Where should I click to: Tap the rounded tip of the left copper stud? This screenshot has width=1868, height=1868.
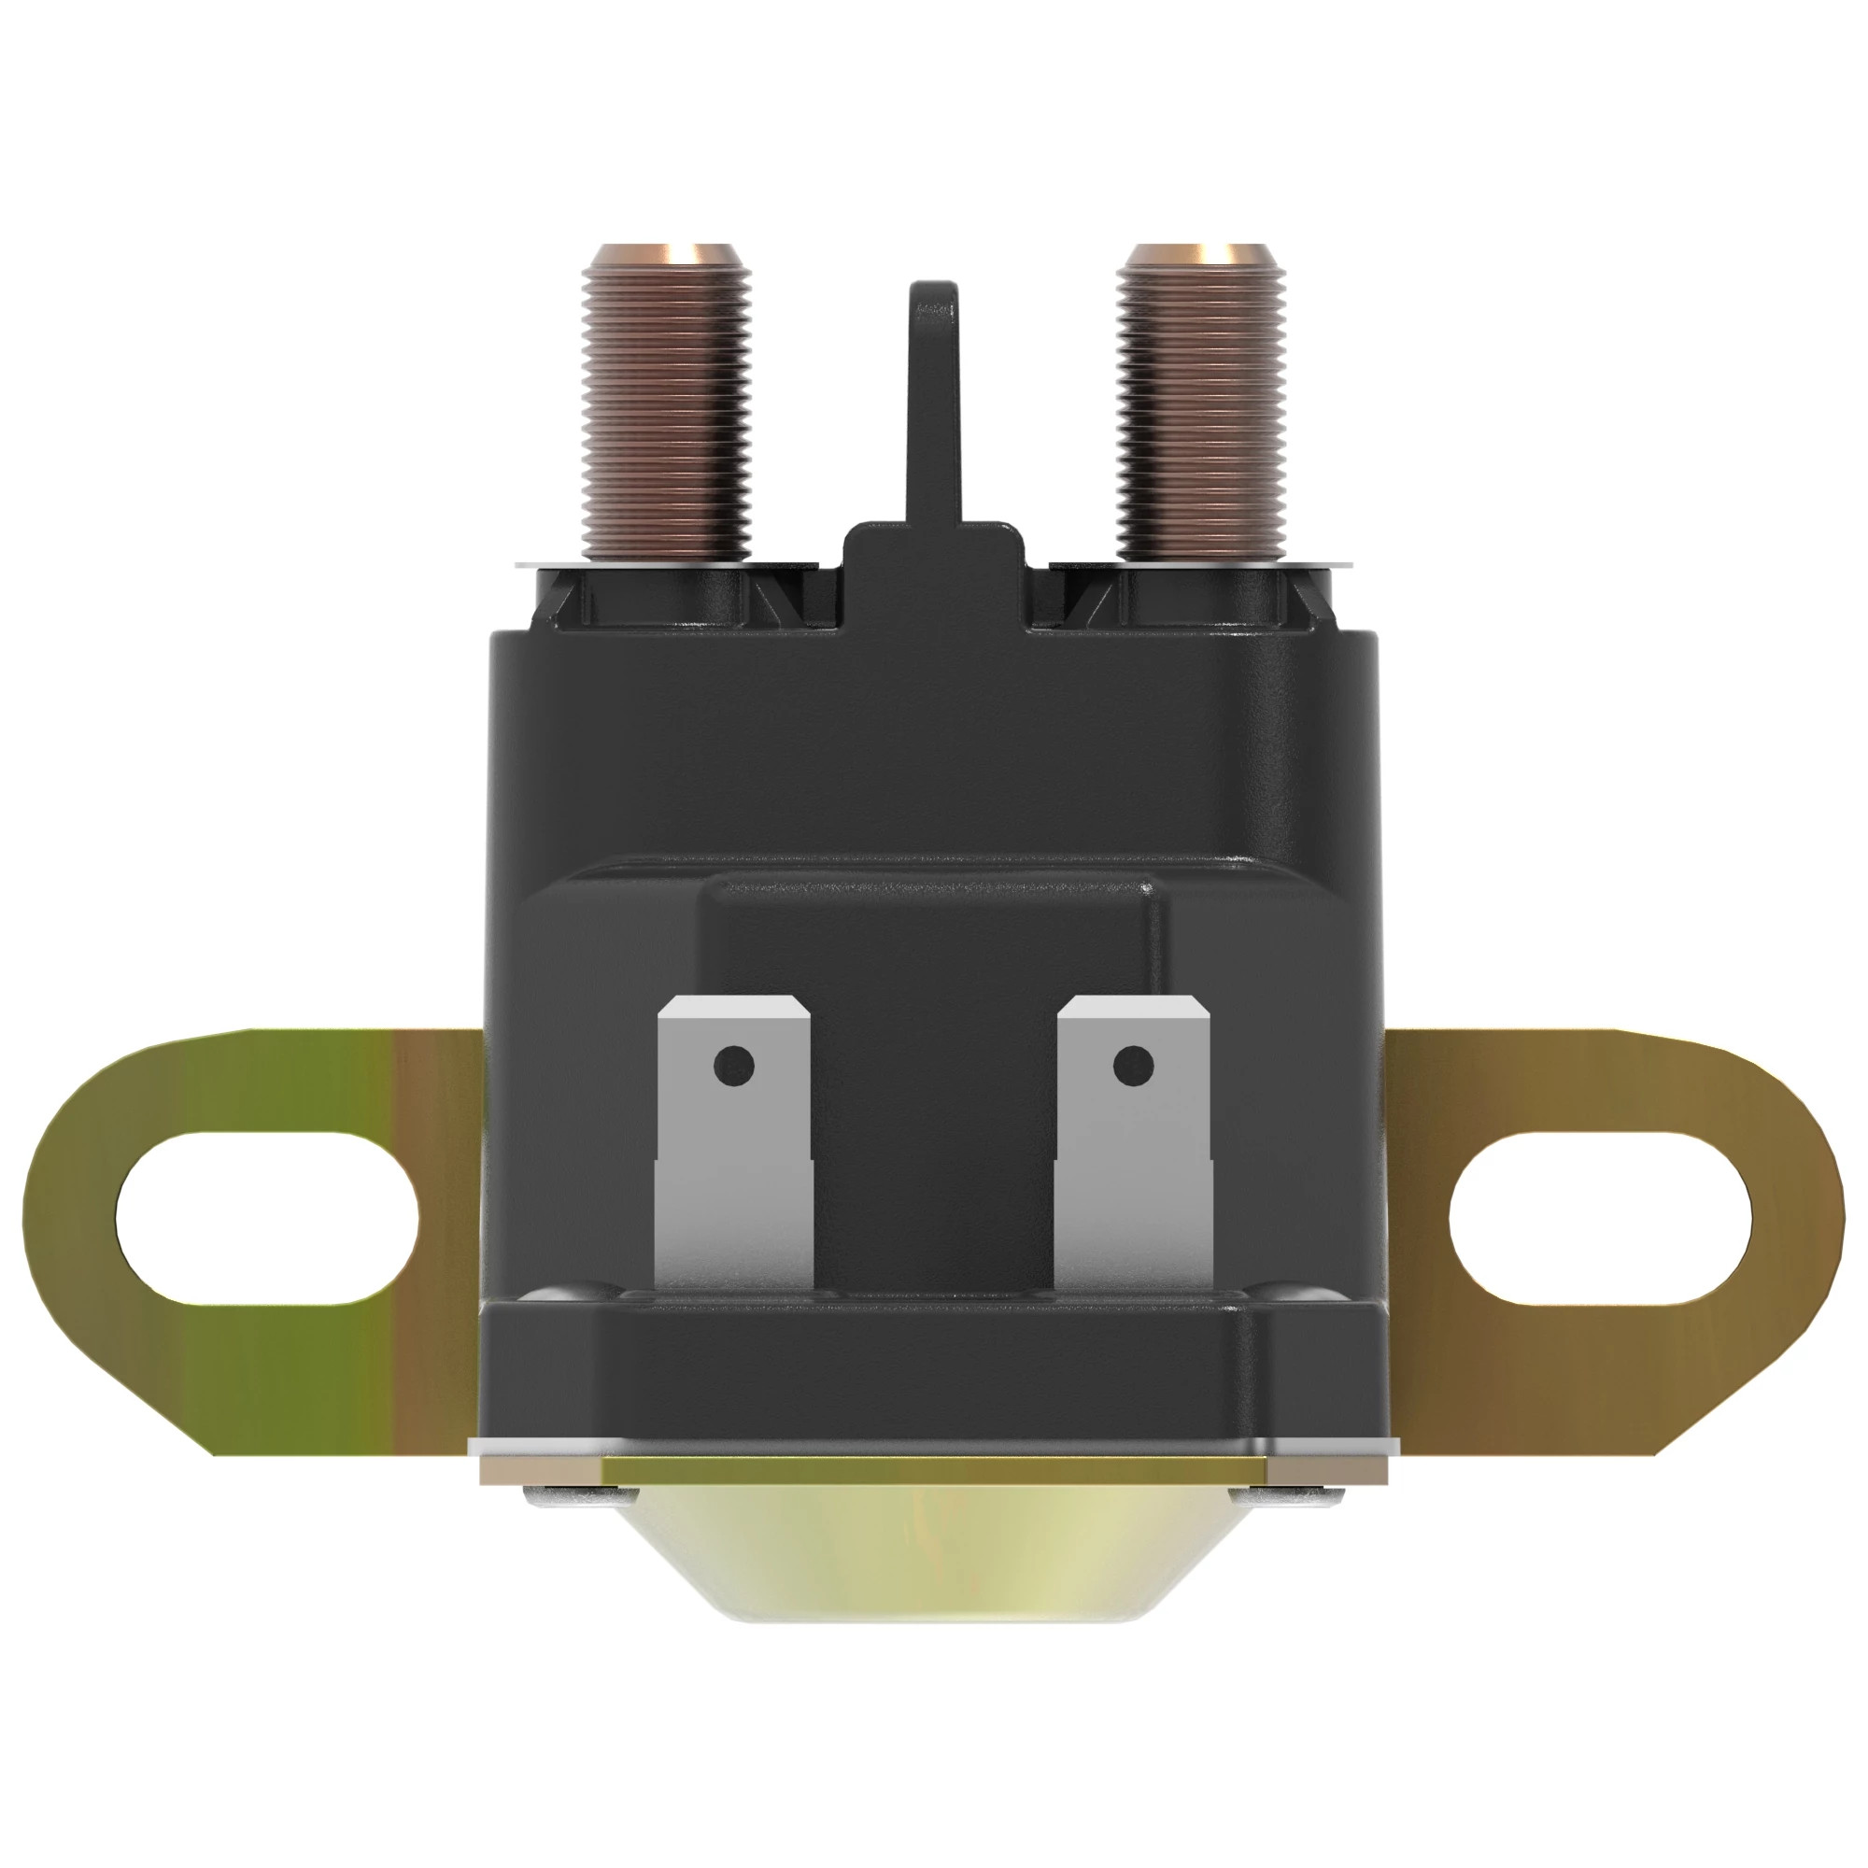(x=667, y=256)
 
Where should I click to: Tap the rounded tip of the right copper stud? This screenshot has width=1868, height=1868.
(x=1201, y=256)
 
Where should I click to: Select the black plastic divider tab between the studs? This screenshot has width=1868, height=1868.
(x=934, y=406)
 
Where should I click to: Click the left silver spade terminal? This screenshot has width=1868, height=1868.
(x=734, y=1160)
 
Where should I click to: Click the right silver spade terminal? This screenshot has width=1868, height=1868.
(x=1133, y=1160)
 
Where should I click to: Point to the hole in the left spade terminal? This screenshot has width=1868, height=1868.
(x=734, y=1066)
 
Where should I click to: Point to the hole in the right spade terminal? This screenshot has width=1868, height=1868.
(x=1133, y=1066)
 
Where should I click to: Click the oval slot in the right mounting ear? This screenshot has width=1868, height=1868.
(x=1600, y=1215)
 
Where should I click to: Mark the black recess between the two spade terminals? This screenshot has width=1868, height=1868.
(x=934, y=1160)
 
